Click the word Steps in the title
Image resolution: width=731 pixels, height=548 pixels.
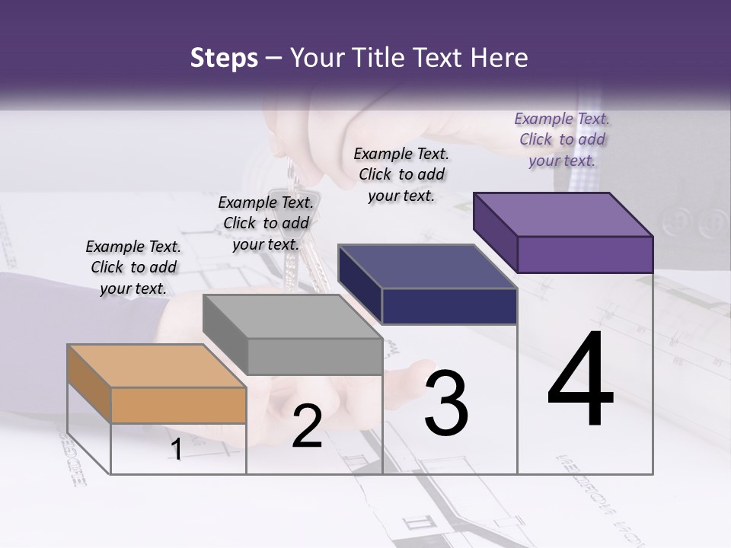point(224,58)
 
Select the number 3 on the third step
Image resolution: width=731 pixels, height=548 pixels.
point(445,403)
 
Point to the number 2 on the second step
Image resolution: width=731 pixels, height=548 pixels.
point(307,426)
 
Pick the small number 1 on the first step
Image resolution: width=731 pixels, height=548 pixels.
point(176,450)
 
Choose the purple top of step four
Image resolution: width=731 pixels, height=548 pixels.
point(563,215)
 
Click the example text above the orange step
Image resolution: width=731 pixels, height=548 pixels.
point(133,267)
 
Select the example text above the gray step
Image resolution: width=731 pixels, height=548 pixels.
point(266,223)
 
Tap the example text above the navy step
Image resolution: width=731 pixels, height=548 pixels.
point(401,174)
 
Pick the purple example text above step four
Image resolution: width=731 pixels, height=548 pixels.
point(562,139)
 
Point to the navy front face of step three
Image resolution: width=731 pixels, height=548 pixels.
point(449,307)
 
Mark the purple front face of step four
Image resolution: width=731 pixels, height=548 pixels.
point(585,254)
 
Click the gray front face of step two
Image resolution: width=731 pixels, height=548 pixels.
point(314,356)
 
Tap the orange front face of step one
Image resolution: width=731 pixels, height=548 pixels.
point(178,405)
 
